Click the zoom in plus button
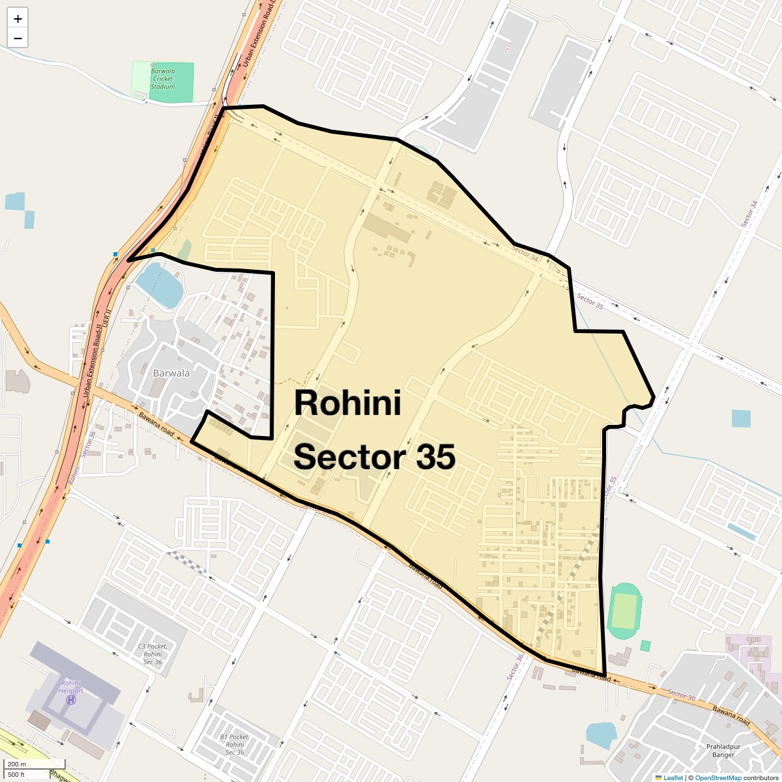coord(18,19)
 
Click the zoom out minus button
coord(18,38)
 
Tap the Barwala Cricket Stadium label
coord(163,79)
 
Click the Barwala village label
coord(171,373)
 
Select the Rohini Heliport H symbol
coord(71,700)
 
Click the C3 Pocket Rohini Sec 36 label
coord(153,654)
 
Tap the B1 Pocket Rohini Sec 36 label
coord(235,744)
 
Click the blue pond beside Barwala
coord(159,285)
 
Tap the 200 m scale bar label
coord(17,764)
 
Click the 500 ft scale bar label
coord(16,774)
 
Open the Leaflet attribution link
coord(673,777)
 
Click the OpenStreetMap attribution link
coord(717,777)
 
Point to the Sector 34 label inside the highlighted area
coord(525,253)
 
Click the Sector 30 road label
coord(682,695)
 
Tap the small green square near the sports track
coord(645,646)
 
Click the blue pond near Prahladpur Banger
coord(601,735)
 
